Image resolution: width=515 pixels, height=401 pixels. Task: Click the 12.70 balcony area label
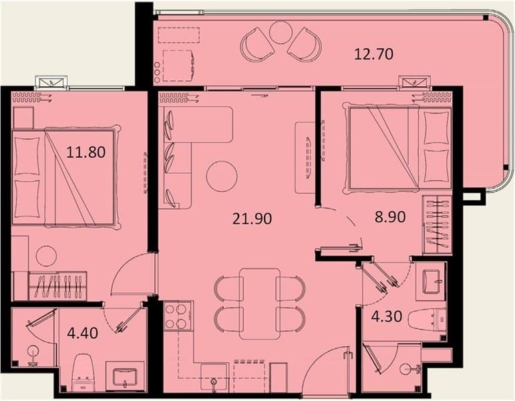pyautogui.click(x=374, y=54)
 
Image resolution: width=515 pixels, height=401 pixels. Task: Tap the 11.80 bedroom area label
pyautogui.click(x=86, y=152)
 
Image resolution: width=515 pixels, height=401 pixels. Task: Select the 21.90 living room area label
pyautogui.click(x=252, y=219)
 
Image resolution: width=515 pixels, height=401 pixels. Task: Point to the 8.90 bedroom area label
pyautogui.click(x=390, y=217)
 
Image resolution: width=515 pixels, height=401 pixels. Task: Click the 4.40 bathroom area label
pyautogui.click(x=82, y=333)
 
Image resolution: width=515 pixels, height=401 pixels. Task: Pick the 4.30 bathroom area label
pyautogui.click(x=387, y=316)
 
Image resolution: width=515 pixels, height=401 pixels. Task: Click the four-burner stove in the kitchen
pyautogui.click(x=177, y=316)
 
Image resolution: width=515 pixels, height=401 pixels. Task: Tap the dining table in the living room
pyautogui.click(x=260, y=304)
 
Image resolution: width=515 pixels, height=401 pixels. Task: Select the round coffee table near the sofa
pyautogui.click(x=222, y=176)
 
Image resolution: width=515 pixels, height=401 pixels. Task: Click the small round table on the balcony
pyautogui.click(x=280, y=32)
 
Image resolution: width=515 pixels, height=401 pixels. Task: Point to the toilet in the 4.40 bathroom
pyautogui.click(x=83, y=373)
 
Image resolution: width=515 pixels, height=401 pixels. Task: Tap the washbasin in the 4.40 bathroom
pyautogui.click(x=125, y=377)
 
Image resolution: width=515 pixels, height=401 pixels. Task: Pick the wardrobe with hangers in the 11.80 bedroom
pyautogui.click(x=58, y=285)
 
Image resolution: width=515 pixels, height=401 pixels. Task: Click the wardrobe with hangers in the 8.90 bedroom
pyautogui.click(x=437, y=224)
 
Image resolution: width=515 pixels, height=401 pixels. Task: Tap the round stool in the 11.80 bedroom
pyautogui.click(x=46, y=256)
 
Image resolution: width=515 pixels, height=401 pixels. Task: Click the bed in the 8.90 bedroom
pyautogui.click(x=397, y=148)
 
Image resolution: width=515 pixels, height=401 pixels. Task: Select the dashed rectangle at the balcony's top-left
pyautogui.click(x=178, y=35)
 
